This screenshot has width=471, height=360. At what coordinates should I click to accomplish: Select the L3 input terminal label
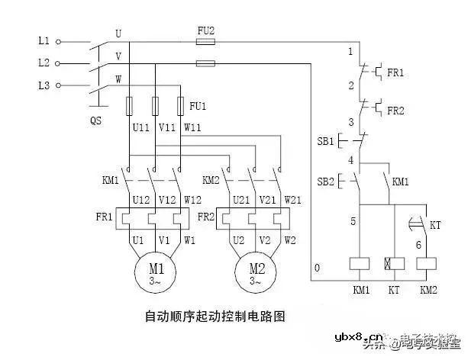click(43, 85)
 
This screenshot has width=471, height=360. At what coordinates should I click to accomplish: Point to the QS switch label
click(95, 121)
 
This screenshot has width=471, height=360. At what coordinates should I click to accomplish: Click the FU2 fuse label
click(205, 30)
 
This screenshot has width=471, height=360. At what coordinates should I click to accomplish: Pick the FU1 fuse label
click(198, 105)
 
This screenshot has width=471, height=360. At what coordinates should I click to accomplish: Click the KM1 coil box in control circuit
click(359, 263)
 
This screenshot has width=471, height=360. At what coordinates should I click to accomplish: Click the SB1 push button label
click(325, 142)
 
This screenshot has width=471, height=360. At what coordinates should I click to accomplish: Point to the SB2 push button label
click(325, 182)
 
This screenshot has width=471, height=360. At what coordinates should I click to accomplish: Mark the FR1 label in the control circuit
click(395, 72)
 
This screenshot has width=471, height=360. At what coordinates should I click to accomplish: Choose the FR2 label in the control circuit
click(395, 111)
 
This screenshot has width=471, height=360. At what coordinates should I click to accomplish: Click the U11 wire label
click(140, 128)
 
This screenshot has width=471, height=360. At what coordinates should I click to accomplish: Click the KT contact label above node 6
click(435, 227)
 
